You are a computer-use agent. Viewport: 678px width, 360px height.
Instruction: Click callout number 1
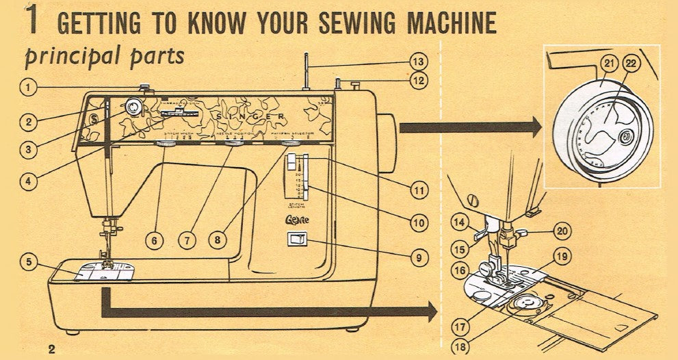coord(27,87)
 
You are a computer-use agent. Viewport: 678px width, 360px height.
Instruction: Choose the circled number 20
coord(562,231)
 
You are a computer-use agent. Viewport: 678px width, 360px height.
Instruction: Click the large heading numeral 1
coord(31,21)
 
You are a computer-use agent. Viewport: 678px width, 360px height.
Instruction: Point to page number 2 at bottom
coord(52,349)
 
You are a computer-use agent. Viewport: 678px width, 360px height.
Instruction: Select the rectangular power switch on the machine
coord(297,240)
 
